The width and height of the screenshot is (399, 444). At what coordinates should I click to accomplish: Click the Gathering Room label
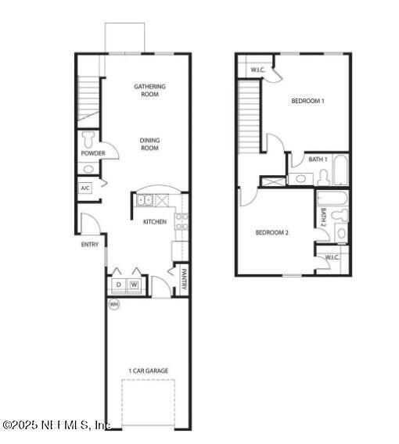(149, 90)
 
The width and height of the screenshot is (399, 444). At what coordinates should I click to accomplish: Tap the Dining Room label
(149, 144)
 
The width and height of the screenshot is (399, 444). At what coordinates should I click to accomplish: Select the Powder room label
(92, 153)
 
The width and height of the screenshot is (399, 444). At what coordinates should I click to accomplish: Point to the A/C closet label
(85, 188)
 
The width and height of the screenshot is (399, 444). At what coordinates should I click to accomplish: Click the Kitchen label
(154, 222)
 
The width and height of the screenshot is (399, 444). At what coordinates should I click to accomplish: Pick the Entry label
(90, 245)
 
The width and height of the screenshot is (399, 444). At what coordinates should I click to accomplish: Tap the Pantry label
(183, 279)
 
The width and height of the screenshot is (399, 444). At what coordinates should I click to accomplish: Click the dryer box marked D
(119, 285)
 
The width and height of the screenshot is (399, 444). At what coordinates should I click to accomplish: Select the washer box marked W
(135, 285)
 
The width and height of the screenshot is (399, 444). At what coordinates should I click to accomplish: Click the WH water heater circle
(113, 303)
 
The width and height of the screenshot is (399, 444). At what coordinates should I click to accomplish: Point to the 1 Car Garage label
(149, 371)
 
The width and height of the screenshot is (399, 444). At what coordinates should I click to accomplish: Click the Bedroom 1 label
(307, 101)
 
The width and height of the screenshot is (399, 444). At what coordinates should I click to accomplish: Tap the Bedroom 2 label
(273, 232)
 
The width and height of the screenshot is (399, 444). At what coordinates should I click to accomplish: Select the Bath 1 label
(318, 159)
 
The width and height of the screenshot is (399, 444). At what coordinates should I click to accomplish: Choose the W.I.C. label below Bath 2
(332, 257)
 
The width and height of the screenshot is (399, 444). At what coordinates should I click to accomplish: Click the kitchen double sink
(146, 201)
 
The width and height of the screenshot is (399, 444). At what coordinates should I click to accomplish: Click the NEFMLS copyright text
(56, 425)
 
